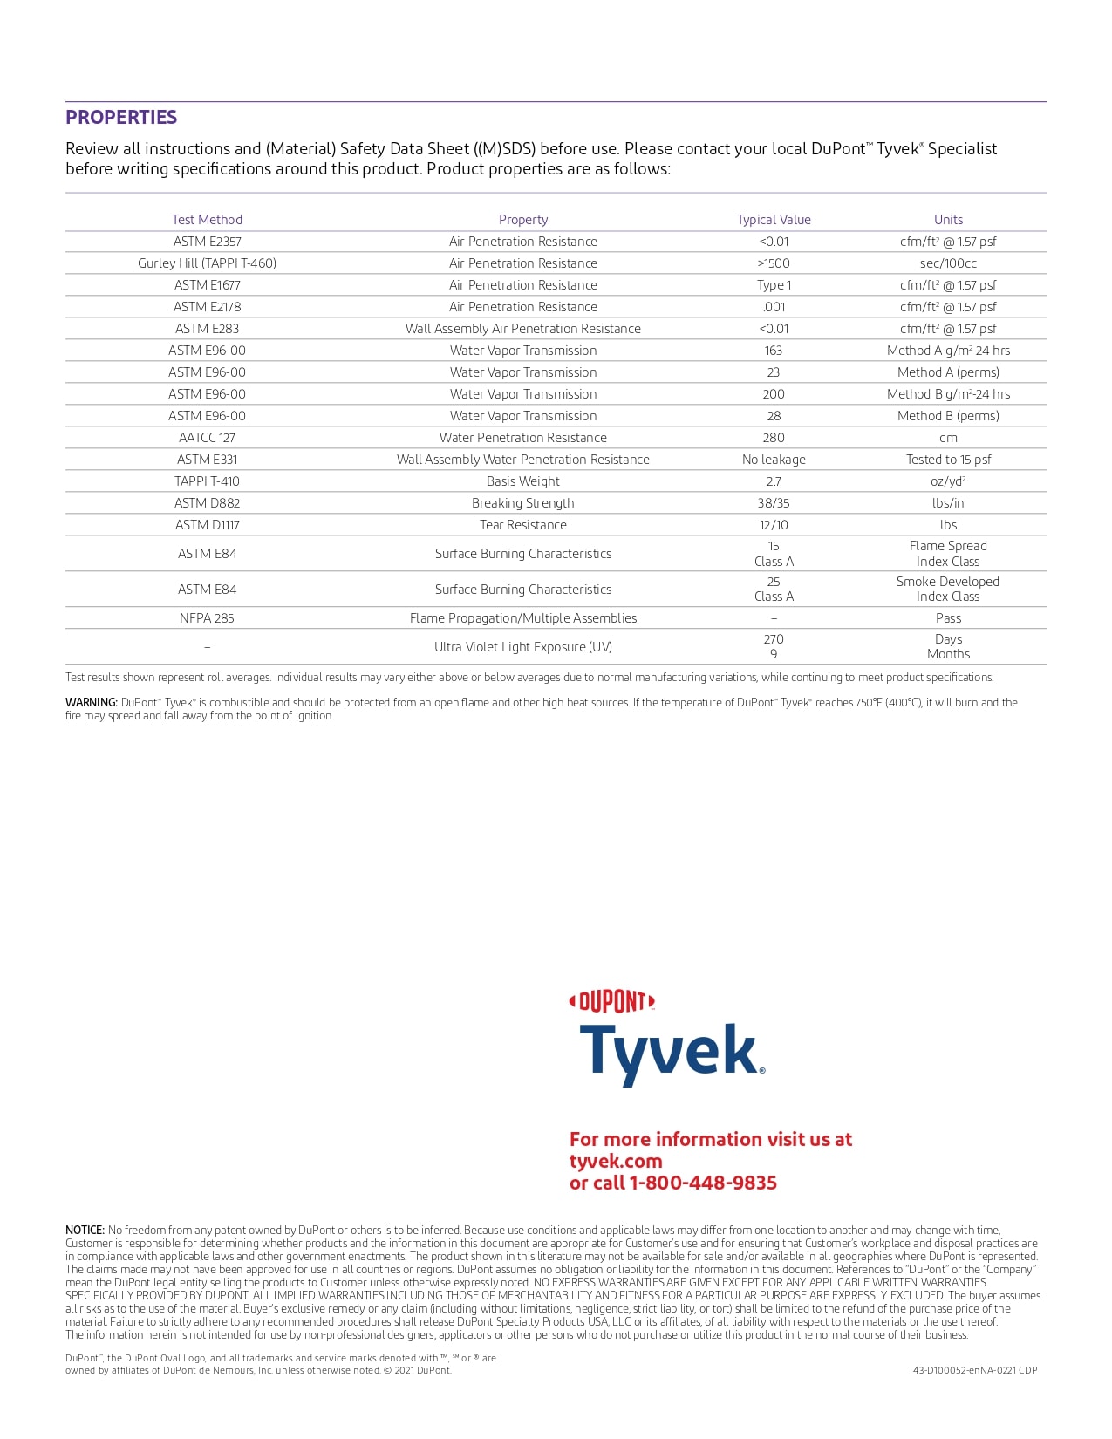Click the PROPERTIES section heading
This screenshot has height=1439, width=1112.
click(x=121, y=118)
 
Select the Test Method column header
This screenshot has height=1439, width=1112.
click(x=207, y=220)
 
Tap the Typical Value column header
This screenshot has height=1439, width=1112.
click(x=774, y=220)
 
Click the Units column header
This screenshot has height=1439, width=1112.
click(x=948, y=220)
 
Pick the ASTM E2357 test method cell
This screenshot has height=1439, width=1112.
click(x=207, y=242)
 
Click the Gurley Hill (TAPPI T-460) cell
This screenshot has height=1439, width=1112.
click(x=207, y=263)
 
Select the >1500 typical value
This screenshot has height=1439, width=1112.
click(x=774, y=263)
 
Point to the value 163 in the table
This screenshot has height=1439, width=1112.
click(x=774, y=351)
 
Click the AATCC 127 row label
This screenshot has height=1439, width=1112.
click(x=207, y=438)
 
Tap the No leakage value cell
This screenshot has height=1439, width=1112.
click(x=774, y=460)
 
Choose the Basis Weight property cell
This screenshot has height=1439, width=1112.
click(x=523, y=481)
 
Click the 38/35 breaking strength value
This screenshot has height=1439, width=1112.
click(x=774, y=503)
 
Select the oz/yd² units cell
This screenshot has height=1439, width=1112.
click(x=948, y=481)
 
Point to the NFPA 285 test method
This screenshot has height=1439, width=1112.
click(x=207, y=618)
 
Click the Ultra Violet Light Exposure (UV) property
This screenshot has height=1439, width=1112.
click(x=523, y=647)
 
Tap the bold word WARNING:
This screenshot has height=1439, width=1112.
click(x=92, y=703)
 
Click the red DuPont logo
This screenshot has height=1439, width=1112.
click(x=611, y=1002)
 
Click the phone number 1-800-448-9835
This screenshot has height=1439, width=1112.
click(x=703, y=1183)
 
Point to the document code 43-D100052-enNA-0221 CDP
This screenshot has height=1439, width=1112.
click(x=975, y=1370)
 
